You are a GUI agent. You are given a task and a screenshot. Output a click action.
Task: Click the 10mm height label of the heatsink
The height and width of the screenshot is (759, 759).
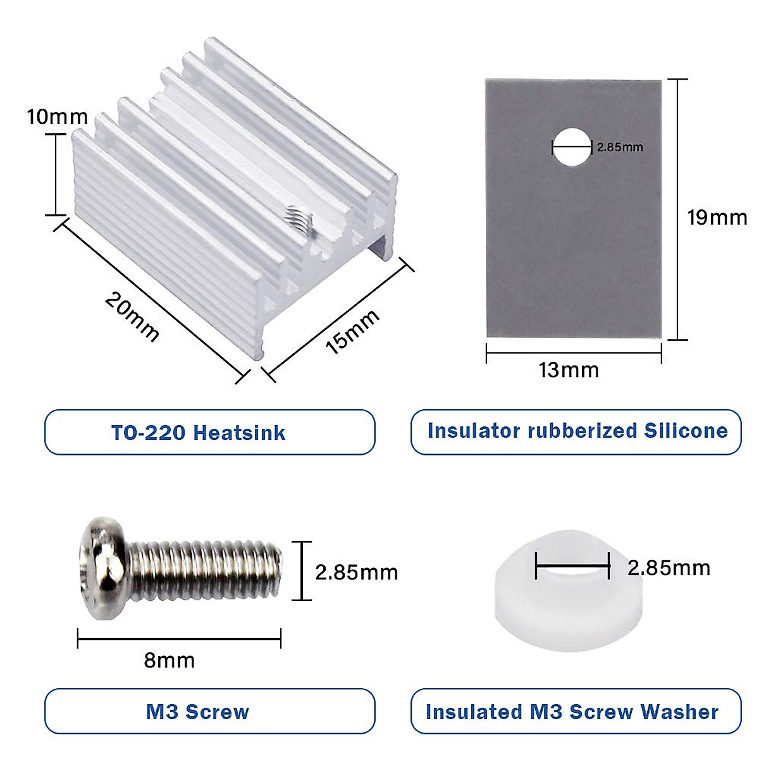coord(57,117)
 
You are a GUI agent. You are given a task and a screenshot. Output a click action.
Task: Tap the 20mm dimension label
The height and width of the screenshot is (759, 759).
coord(132,316)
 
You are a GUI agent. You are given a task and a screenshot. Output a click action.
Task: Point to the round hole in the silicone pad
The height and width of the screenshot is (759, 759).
coord(572,147)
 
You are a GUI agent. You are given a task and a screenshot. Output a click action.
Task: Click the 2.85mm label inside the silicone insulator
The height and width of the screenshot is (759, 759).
coord(620,147)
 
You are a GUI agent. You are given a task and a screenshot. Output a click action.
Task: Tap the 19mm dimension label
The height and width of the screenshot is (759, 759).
coord(717,218)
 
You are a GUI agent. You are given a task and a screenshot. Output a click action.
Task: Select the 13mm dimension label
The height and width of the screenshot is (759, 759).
coord(569,369)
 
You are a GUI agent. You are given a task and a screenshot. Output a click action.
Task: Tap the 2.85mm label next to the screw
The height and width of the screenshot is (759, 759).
coord(356,572)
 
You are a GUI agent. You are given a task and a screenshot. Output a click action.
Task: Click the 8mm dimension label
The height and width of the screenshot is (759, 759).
coord(169,660)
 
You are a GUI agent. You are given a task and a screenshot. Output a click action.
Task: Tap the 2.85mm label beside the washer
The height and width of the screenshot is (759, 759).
coord(669,567)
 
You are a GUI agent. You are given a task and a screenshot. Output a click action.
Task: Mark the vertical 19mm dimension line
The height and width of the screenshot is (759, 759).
coord(677,209)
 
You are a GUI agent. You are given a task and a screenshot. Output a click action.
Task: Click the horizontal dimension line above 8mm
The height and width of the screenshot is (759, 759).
coord(179,639)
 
